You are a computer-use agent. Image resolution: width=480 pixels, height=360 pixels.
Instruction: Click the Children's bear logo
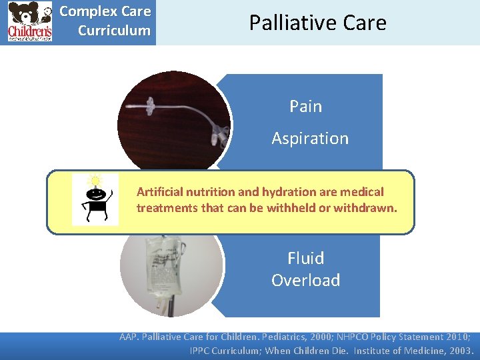tap(29, 22)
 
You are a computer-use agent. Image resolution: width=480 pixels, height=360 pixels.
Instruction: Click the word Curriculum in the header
tap(114, 31)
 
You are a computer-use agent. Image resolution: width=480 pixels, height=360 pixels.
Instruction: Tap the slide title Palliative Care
tap(317, 23)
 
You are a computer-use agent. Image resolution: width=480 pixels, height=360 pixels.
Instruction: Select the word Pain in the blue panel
tap(305, 107)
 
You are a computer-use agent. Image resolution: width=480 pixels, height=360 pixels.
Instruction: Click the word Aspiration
tap(310, 139)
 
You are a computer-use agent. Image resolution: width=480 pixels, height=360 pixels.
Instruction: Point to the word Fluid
tap(305, 258)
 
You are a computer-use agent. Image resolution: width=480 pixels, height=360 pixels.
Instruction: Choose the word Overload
tap(305, 280)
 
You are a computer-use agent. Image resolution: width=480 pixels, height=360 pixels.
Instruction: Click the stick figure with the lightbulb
tap(95, 201)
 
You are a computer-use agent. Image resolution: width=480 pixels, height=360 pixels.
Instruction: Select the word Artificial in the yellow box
tap(159, 192)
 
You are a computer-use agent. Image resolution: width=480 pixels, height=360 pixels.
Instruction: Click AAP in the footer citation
tap(129, 337)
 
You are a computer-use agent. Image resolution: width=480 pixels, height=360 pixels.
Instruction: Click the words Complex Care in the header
tap(105, 11)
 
